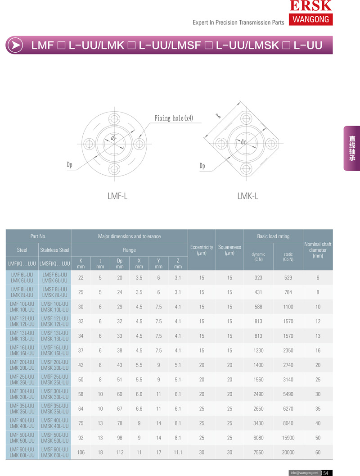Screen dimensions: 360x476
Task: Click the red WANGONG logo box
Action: pyautogui.click(x=310, y=19)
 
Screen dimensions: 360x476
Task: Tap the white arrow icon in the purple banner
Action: pyautogui.click(x=15, y=45)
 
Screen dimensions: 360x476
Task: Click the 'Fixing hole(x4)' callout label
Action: pyautogui.click(x=174, y=118)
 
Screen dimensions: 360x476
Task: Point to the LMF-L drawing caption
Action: pyautogui.click(x=117, y=196)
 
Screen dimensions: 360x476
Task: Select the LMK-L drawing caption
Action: pyautogui.click(x=248, y=196)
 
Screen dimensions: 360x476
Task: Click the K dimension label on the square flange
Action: pyautogui.click(x=218, y=115)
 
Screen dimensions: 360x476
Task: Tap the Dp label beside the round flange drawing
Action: pyautogui.click(x=69, y=165)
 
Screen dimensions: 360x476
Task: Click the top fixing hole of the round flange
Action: pyautogui.click(x=114, y=118)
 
